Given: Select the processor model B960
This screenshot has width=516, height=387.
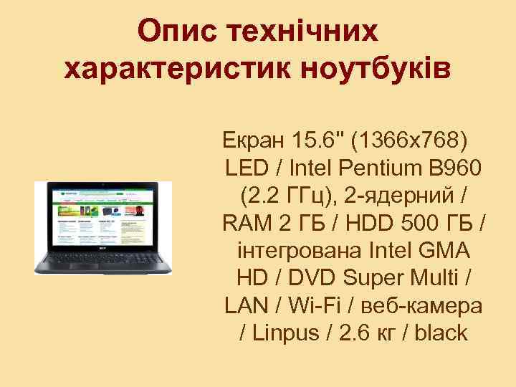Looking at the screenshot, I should pos(455,168).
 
